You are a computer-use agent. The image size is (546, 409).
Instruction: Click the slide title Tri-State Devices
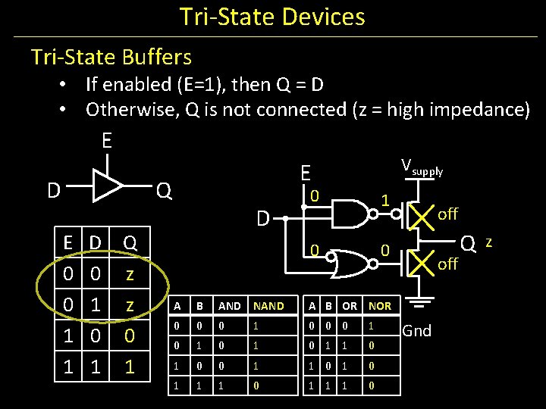tap(272, 17)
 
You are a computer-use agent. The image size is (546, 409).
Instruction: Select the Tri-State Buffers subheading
tap(111, 57)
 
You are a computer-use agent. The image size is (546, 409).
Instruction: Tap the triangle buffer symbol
tap(107, 186)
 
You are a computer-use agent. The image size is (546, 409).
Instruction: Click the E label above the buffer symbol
tap(107, 141)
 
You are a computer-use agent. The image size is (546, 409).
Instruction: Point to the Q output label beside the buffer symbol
tap(163, 191)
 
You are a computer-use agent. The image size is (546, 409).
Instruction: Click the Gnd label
tap(416, 331)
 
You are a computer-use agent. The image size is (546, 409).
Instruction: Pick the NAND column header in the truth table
tap(268, 306)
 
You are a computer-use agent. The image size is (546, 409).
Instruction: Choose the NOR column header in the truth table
tap(379, 306)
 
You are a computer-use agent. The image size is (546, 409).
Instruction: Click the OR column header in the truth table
tap(350, 306)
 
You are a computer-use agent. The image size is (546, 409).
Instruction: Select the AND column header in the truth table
tap(229, 306)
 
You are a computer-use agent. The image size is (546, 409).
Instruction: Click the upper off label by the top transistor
tap(447, 214)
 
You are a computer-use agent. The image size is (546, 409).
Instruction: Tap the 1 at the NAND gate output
tap(385, 201)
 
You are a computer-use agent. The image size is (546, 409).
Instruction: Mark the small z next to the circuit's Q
tap(489, 242)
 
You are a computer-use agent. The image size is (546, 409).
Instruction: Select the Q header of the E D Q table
tap(130, 243)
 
